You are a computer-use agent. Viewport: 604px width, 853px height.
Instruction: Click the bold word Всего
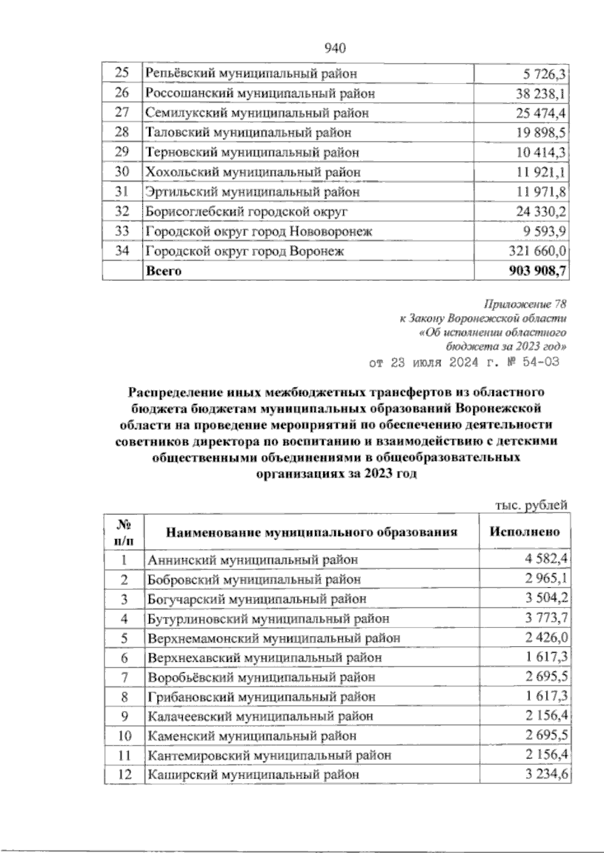click(163, 271)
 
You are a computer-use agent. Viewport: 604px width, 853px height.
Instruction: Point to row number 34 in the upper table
click(122, 251)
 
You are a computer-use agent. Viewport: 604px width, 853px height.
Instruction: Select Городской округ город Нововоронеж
click(259, 231)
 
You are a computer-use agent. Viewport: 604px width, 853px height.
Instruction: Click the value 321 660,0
click(536, 251)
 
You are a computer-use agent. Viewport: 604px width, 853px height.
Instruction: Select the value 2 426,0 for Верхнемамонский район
click(546, 638)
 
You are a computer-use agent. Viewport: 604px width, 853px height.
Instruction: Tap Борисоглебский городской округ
click(246, 212)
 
